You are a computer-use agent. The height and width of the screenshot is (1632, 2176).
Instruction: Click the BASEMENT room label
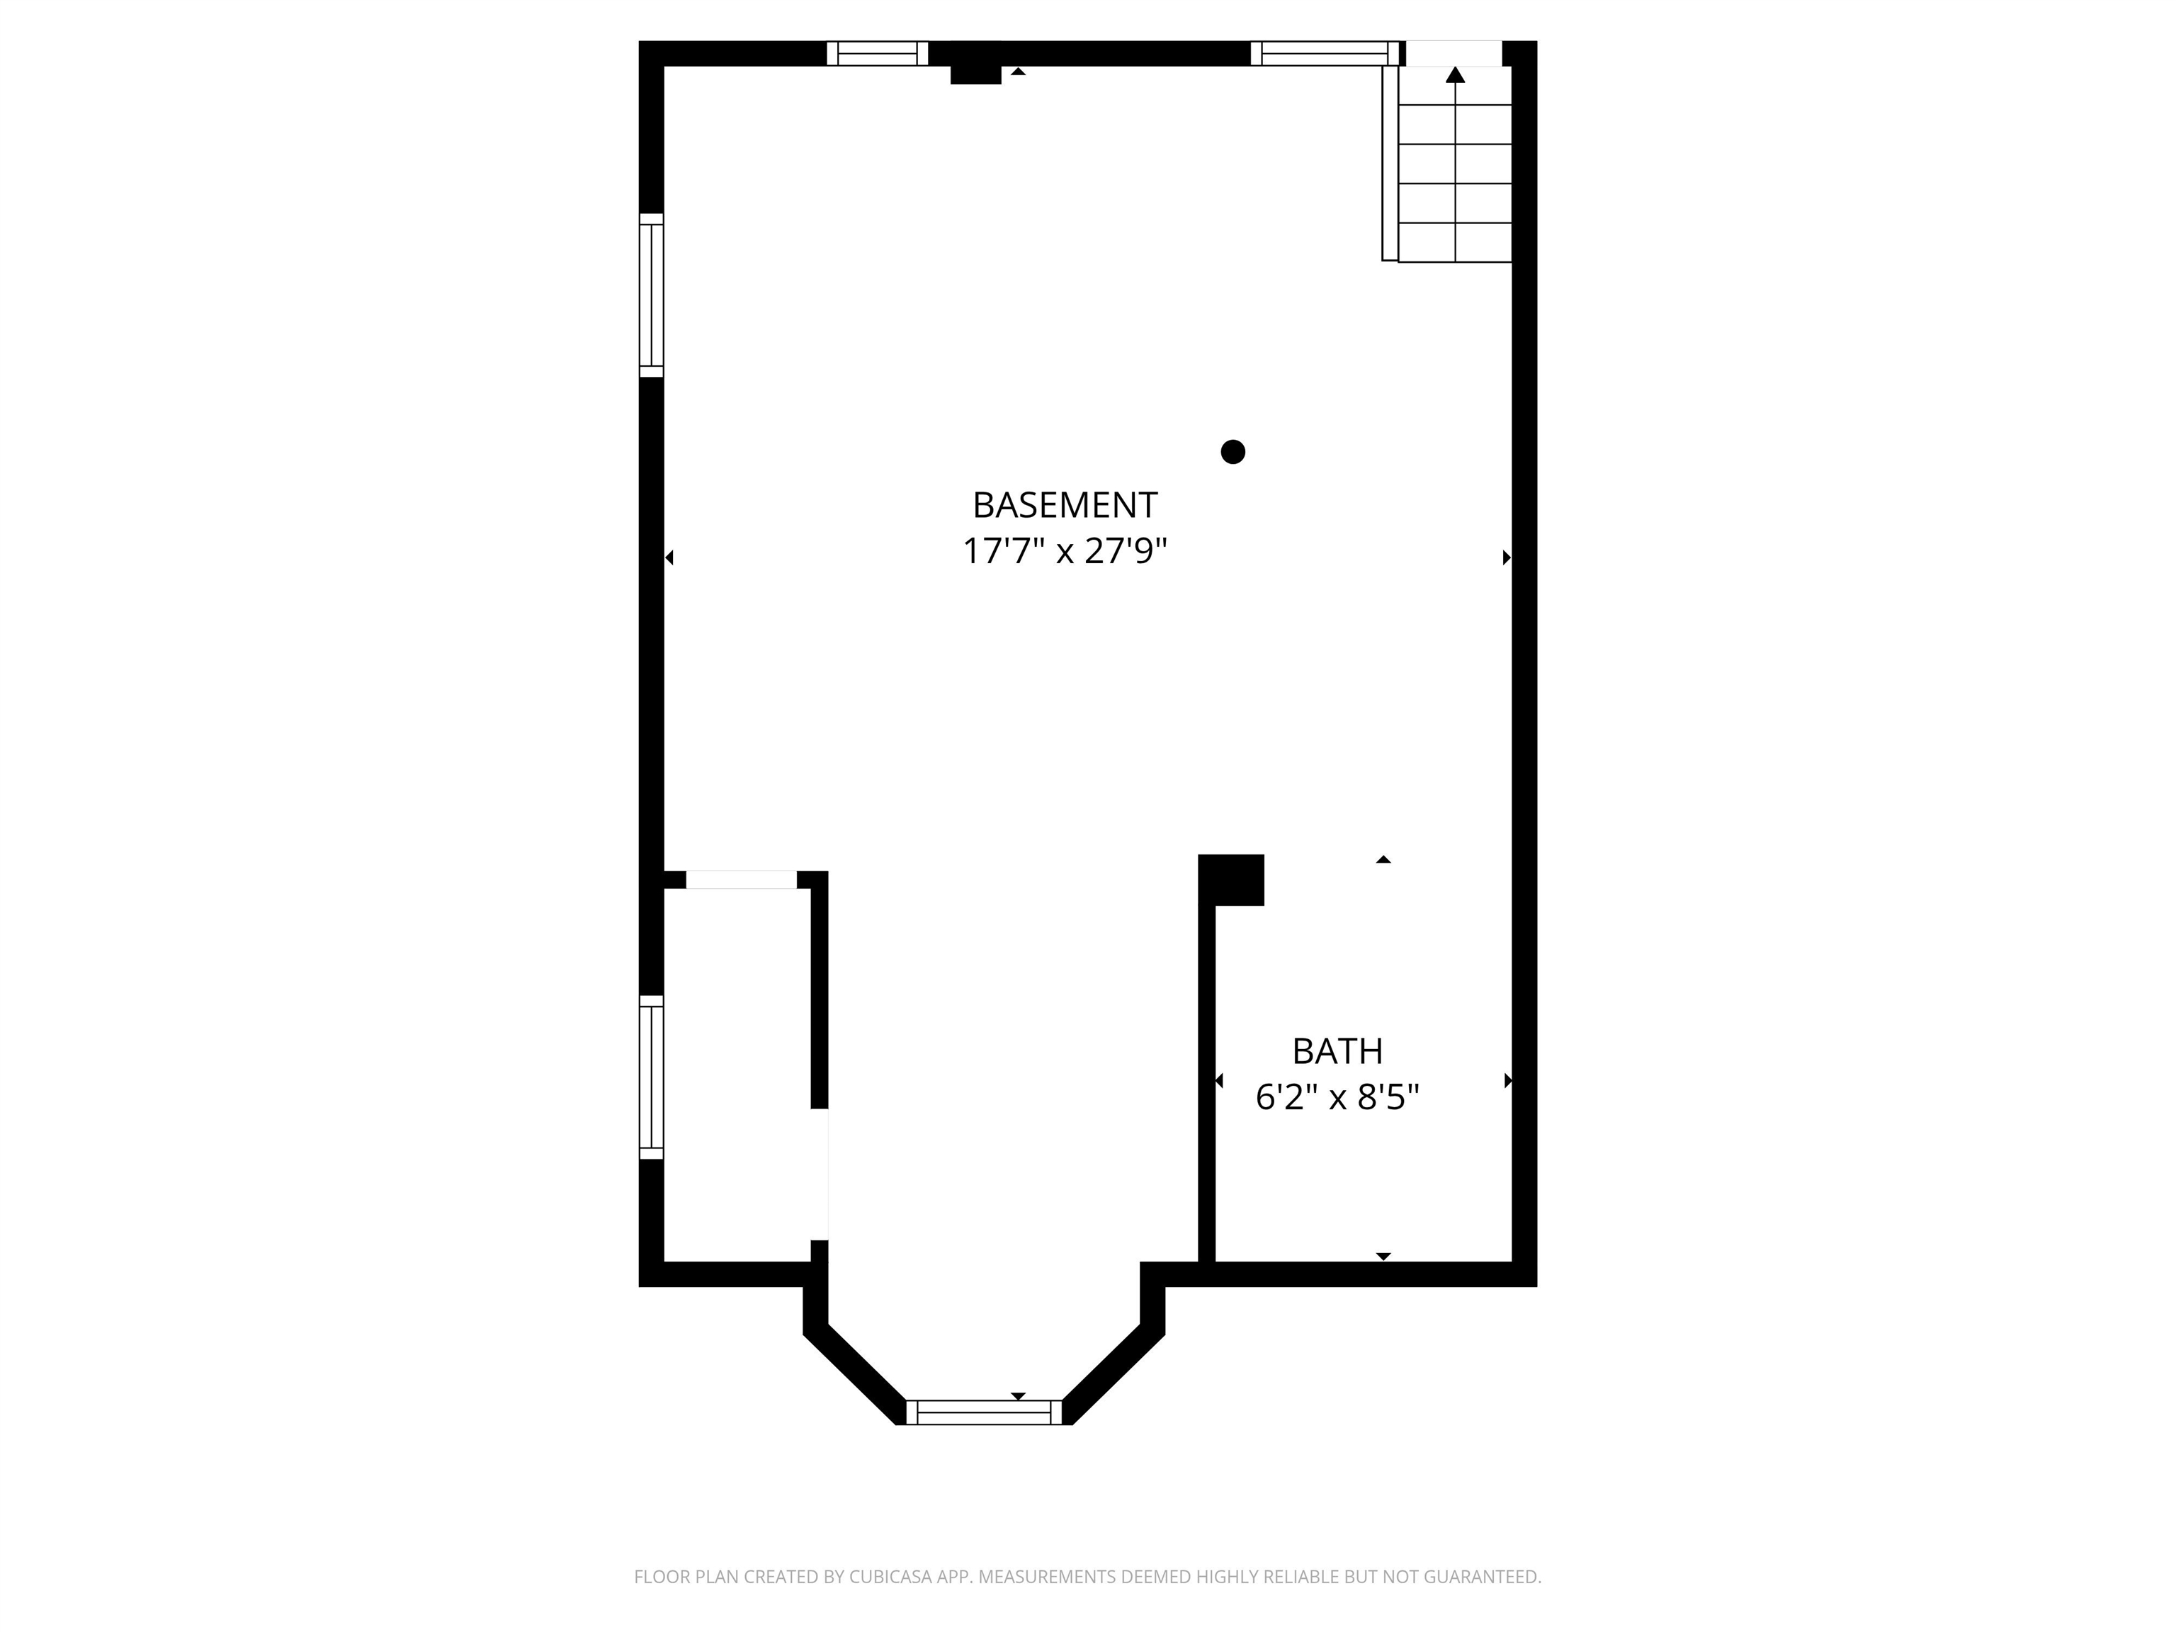(1065, 504)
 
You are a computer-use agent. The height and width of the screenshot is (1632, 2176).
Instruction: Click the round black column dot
(1232, 451)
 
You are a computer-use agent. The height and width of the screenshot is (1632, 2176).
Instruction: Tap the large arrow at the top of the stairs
(1455, 75)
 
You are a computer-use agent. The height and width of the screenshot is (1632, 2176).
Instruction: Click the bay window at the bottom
(984, 1412)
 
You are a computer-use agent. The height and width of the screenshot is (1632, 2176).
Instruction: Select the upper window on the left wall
(651, 295)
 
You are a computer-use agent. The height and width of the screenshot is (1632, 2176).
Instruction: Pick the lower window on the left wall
(651, 1077)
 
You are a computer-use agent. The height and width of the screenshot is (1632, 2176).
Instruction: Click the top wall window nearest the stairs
(1324, 53)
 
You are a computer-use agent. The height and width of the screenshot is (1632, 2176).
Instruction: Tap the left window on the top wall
(878, 53)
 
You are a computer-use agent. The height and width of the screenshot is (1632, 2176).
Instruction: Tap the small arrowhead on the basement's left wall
(669, 557)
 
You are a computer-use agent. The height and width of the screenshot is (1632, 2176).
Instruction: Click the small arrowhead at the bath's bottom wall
(1383, 1256)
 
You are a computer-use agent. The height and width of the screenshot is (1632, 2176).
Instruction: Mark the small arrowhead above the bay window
(1018, 1396)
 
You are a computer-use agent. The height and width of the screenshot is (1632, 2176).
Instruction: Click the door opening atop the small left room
(741, 880)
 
